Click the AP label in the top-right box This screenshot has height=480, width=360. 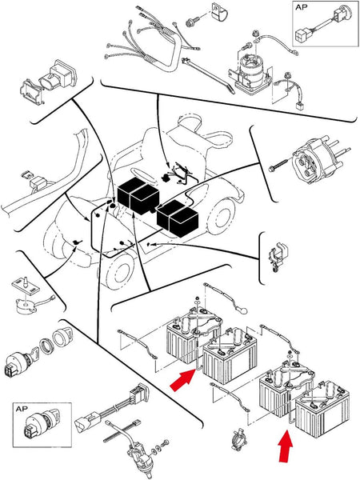tap(302, 8)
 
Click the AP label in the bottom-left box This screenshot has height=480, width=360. tap(22, 409)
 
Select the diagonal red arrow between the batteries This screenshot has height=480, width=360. tap(182, 379)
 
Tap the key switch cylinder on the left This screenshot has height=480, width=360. tap(19, 363)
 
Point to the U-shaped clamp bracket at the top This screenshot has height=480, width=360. tap(220, 13)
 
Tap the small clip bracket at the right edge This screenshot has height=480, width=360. tap(278, 257)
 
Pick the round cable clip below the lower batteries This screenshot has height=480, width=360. tap(238, 439)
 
